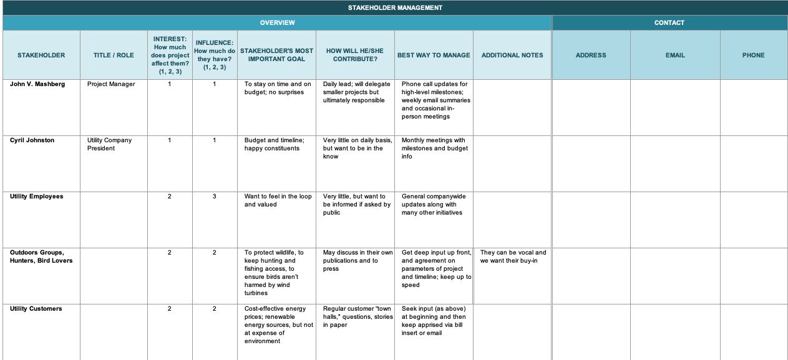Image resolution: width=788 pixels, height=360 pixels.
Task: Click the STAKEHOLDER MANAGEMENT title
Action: tap(395, 7)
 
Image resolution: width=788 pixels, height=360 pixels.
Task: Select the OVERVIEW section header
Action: tap(277, 22)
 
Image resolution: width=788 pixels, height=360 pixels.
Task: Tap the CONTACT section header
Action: tap(669, 22)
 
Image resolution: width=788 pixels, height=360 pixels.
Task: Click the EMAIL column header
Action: tap(675, 55)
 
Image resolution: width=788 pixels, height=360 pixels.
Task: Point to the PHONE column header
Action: tap(753, 55)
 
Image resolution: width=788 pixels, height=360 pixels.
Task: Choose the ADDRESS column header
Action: tap(591, 55)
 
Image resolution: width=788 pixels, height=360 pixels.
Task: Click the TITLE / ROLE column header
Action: tap(114, 55)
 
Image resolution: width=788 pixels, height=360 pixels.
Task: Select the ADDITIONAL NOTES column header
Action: tap(512, 55)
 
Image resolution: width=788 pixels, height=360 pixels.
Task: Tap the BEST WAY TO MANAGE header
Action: tap(434, 55)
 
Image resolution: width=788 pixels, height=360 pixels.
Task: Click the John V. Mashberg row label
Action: tap(37, 84)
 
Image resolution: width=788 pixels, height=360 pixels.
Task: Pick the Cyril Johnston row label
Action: tap(32, 140)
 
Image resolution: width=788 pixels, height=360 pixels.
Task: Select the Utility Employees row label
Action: tap(37, 196)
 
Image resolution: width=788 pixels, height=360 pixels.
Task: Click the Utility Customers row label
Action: tap(36, 308)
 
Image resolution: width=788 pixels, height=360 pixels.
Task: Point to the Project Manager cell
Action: tap(111, 84)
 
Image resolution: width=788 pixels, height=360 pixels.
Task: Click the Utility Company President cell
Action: tap(110, 144)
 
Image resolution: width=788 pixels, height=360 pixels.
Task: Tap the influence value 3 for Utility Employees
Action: tap(215, 196)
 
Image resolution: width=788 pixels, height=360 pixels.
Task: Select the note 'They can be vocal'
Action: tap(513, 256)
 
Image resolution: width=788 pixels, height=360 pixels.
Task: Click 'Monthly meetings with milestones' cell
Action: tap(434, 148)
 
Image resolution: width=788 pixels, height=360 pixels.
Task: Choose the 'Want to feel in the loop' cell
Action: tap(278, 200)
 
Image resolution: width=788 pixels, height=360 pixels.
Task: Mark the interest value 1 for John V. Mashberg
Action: tap(170, 84)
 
